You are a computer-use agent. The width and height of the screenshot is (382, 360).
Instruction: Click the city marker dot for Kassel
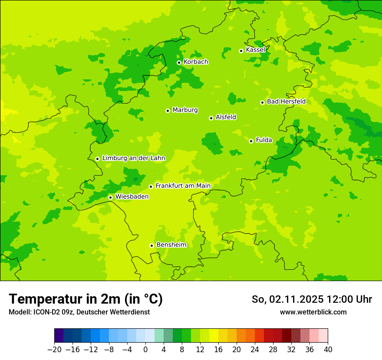241,51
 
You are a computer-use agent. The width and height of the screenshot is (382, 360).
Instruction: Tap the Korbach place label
196,62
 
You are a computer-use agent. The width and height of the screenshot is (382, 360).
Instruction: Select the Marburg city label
185,110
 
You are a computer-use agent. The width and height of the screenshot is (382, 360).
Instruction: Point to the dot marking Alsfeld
211,118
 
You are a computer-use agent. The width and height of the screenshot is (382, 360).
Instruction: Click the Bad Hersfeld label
286,101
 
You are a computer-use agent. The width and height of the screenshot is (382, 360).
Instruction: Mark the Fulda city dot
251,141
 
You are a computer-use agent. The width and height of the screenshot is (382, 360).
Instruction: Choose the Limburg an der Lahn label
133,158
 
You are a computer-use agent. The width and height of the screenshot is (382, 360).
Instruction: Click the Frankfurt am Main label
183,186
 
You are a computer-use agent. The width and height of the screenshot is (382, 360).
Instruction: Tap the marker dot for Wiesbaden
110,197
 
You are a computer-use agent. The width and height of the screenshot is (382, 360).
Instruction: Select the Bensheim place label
171,245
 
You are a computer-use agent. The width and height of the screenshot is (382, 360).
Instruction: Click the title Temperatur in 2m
86,299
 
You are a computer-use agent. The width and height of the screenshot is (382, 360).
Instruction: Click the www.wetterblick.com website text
313,312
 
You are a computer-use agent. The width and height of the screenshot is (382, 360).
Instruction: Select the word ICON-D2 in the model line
45,312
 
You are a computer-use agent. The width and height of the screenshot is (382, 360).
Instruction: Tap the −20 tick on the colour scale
54,350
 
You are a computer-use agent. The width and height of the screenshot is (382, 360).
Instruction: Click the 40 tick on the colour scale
328,350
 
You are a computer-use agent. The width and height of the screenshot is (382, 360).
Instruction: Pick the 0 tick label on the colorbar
145,350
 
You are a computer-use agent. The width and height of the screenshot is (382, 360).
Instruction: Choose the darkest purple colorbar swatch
59,336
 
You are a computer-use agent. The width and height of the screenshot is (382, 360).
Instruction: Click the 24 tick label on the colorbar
255,350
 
